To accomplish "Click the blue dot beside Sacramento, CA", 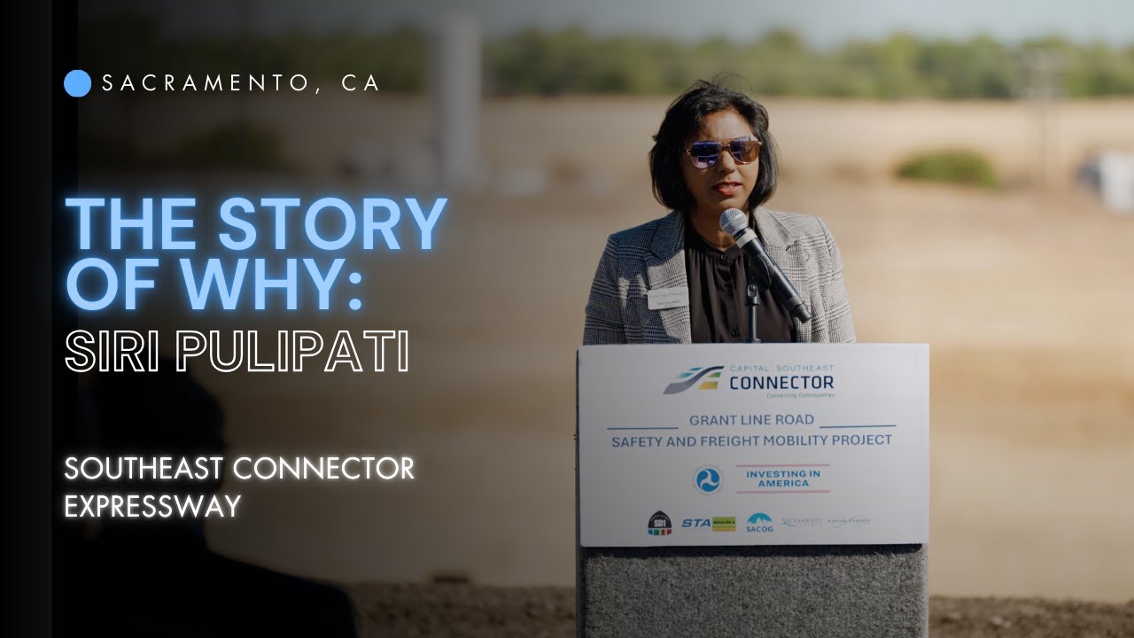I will (x=78, y=83).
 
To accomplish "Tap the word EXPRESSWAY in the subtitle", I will (x=152, y=506).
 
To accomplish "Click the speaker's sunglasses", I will (x=722, y=152).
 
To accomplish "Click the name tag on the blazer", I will (x=667, y=299).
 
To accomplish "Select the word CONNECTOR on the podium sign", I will (x=781, y=383).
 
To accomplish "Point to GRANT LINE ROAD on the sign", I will (x=752, y=420).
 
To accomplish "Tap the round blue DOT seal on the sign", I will (x=708, y=479).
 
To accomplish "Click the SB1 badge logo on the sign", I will (x=658, y=524).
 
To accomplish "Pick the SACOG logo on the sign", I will (x=759, y=523).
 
